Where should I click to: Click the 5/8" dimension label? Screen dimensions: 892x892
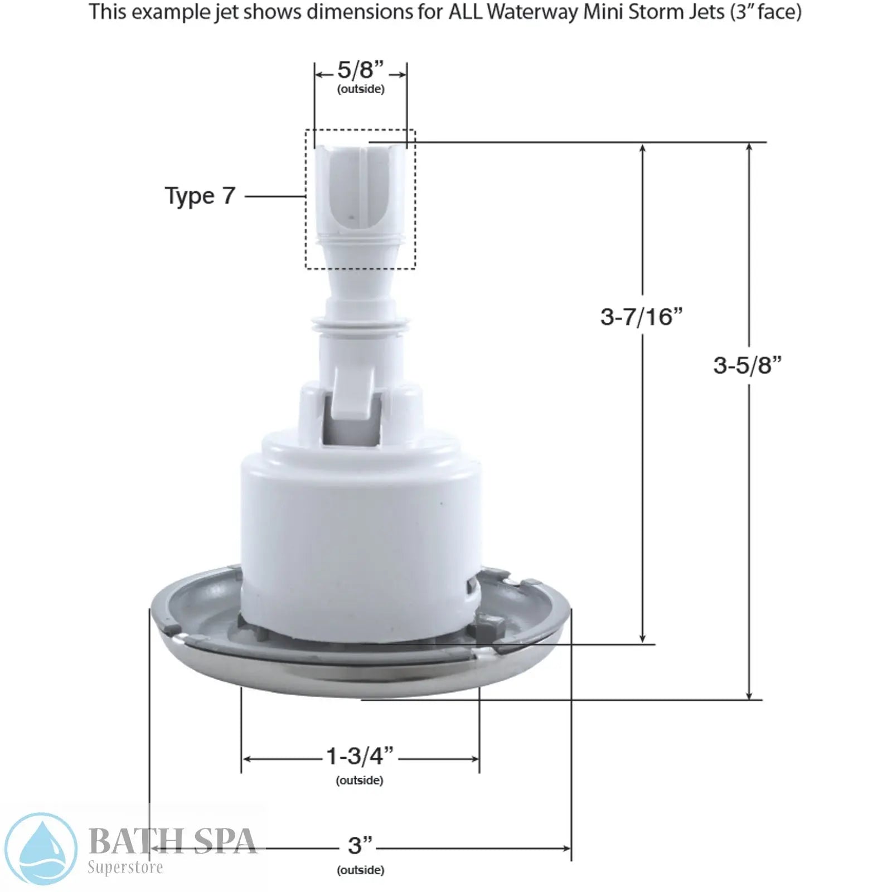(360, 71)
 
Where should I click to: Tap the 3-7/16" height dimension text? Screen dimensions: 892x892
(641, 317)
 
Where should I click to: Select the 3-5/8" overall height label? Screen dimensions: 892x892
(747, 366)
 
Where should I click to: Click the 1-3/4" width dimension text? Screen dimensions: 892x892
(360, 757)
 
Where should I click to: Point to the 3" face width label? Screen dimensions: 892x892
(360, 846)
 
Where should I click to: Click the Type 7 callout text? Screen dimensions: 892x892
(200, 196)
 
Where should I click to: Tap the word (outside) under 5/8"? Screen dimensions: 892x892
(361, 89)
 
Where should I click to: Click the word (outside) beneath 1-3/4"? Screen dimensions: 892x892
(360, 780)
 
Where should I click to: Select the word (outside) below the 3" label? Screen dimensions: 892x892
(360, 870)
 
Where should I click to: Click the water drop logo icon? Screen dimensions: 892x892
(40, 849)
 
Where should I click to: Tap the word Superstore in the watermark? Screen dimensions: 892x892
(125, 867)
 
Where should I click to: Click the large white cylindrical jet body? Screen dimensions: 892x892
(360, 535)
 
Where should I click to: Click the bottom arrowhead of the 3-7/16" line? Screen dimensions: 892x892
(642, 639)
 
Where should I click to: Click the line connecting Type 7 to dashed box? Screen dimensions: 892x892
(275, 196)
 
